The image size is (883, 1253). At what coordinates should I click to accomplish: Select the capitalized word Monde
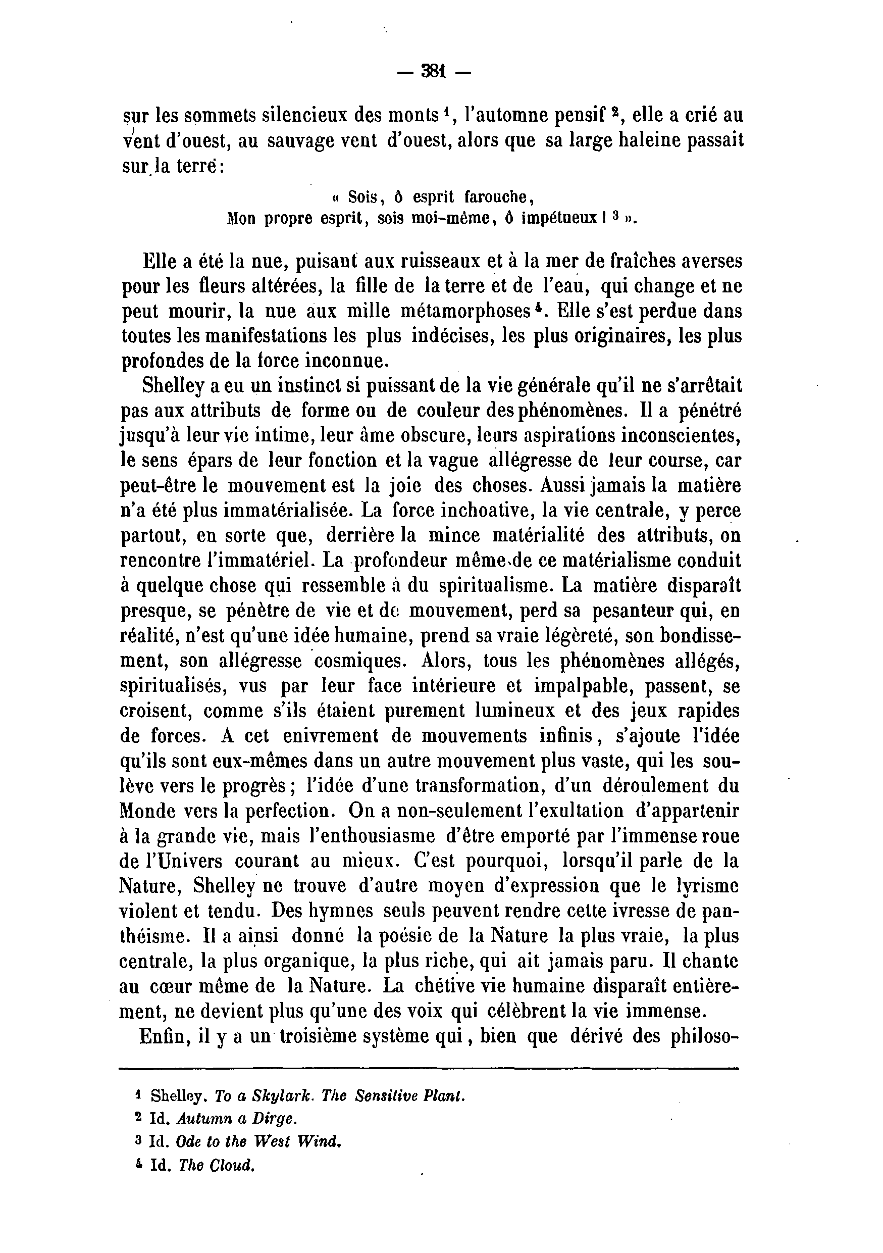coord(147,812)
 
